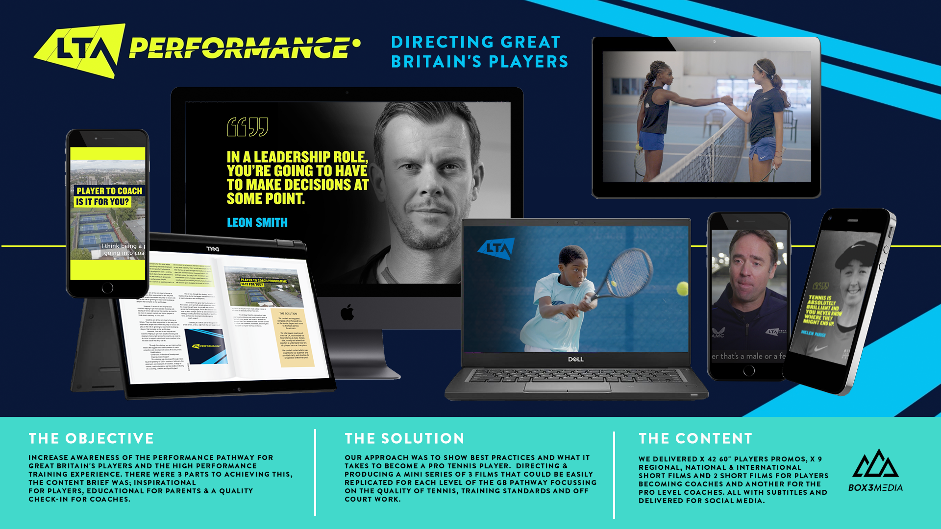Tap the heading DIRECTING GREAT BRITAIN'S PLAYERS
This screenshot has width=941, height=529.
click(x=479, y=52)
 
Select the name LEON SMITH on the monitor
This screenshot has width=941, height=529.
click(x=257, y=223)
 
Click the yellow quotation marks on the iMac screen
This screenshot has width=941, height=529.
click(x=248, y=127)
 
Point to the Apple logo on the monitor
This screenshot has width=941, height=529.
click(x=347, y=312)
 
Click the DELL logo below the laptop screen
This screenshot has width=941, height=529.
click(x=576, y=360)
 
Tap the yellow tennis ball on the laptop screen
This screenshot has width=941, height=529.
click(x=682, y=289)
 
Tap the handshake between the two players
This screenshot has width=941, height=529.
click(x=726, y=101)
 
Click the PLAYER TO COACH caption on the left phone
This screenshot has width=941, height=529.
click(x=109, y=191)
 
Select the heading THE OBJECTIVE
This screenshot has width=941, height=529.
click(x=91, y=438)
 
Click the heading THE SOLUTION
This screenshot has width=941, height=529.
click(x=404, y=438)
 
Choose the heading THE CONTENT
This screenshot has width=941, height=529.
click(x=695, y=438)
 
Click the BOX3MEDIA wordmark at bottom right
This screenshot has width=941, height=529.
click(x=875, y=487)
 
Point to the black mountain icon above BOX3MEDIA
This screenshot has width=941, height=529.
click(x=875, y=464)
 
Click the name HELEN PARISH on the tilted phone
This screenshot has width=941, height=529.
click(x=814, y=334)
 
